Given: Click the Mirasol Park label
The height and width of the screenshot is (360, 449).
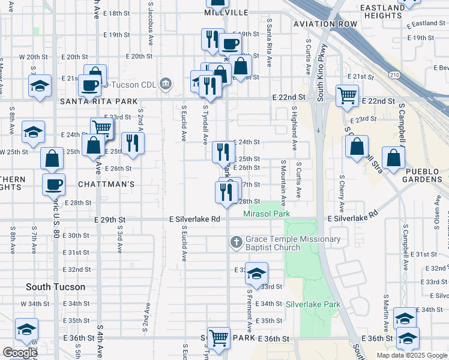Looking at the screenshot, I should [x=267, y=214].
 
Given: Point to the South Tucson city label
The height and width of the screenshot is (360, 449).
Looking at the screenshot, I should [x=55, y=287].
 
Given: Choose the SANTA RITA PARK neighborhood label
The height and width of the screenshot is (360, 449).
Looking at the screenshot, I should [x=95, y=102].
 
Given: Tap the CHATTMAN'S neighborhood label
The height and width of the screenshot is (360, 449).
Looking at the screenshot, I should [x=106, y=184].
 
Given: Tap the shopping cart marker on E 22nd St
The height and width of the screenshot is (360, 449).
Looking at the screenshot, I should [x=347, y=94].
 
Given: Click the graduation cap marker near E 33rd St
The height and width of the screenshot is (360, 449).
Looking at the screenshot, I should [x=256, y=273].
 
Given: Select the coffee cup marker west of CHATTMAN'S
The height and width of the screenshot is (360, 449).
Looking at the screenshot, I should [x=53, y=183].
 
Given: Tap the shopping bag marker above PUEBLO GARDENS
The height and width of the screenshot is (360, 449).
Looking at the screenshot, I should [x=393, y=158].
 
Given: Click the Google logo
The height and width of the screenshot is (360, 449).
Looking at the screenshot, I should [x=19, y=352].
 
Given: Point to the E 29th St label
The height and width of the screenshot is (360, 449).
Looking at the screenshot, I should [x=110, y=220].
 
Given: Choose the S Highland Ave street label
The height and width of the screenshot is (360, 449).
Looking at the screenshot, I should [x=294, y=128].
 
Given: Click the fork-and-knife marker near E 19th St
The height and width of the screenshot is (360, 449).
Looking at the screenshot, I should [x=212, y=40].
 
